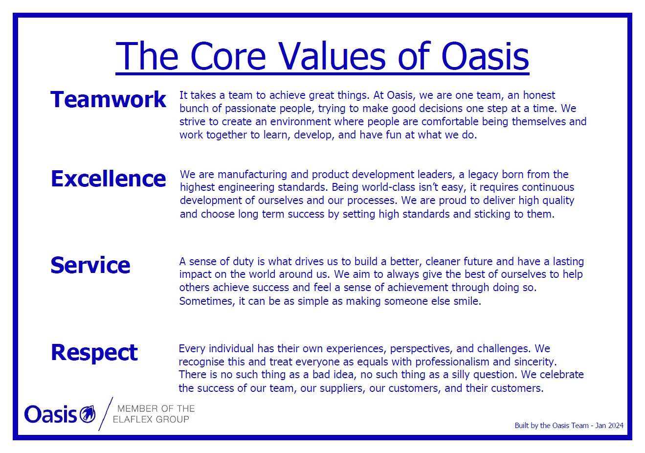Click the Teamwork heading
pyautogui.click(x=108, y=99)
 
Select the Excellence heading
pyautogui.click(x=108, y=179)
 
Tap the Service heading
pyautogui.click(x=90, y=265)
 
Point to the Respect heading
pyautogui.click(x=94, y=353)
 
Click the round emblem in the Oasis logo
pyautogui.click(x=88, y=414)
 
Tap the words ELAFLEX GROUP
pyautogui.click(x=151, y=419)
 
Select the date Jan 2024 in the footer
pyautogui.click(x=609, y=425)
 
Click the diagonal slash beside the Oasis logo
pyautogui.click(x=106, y=413)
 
